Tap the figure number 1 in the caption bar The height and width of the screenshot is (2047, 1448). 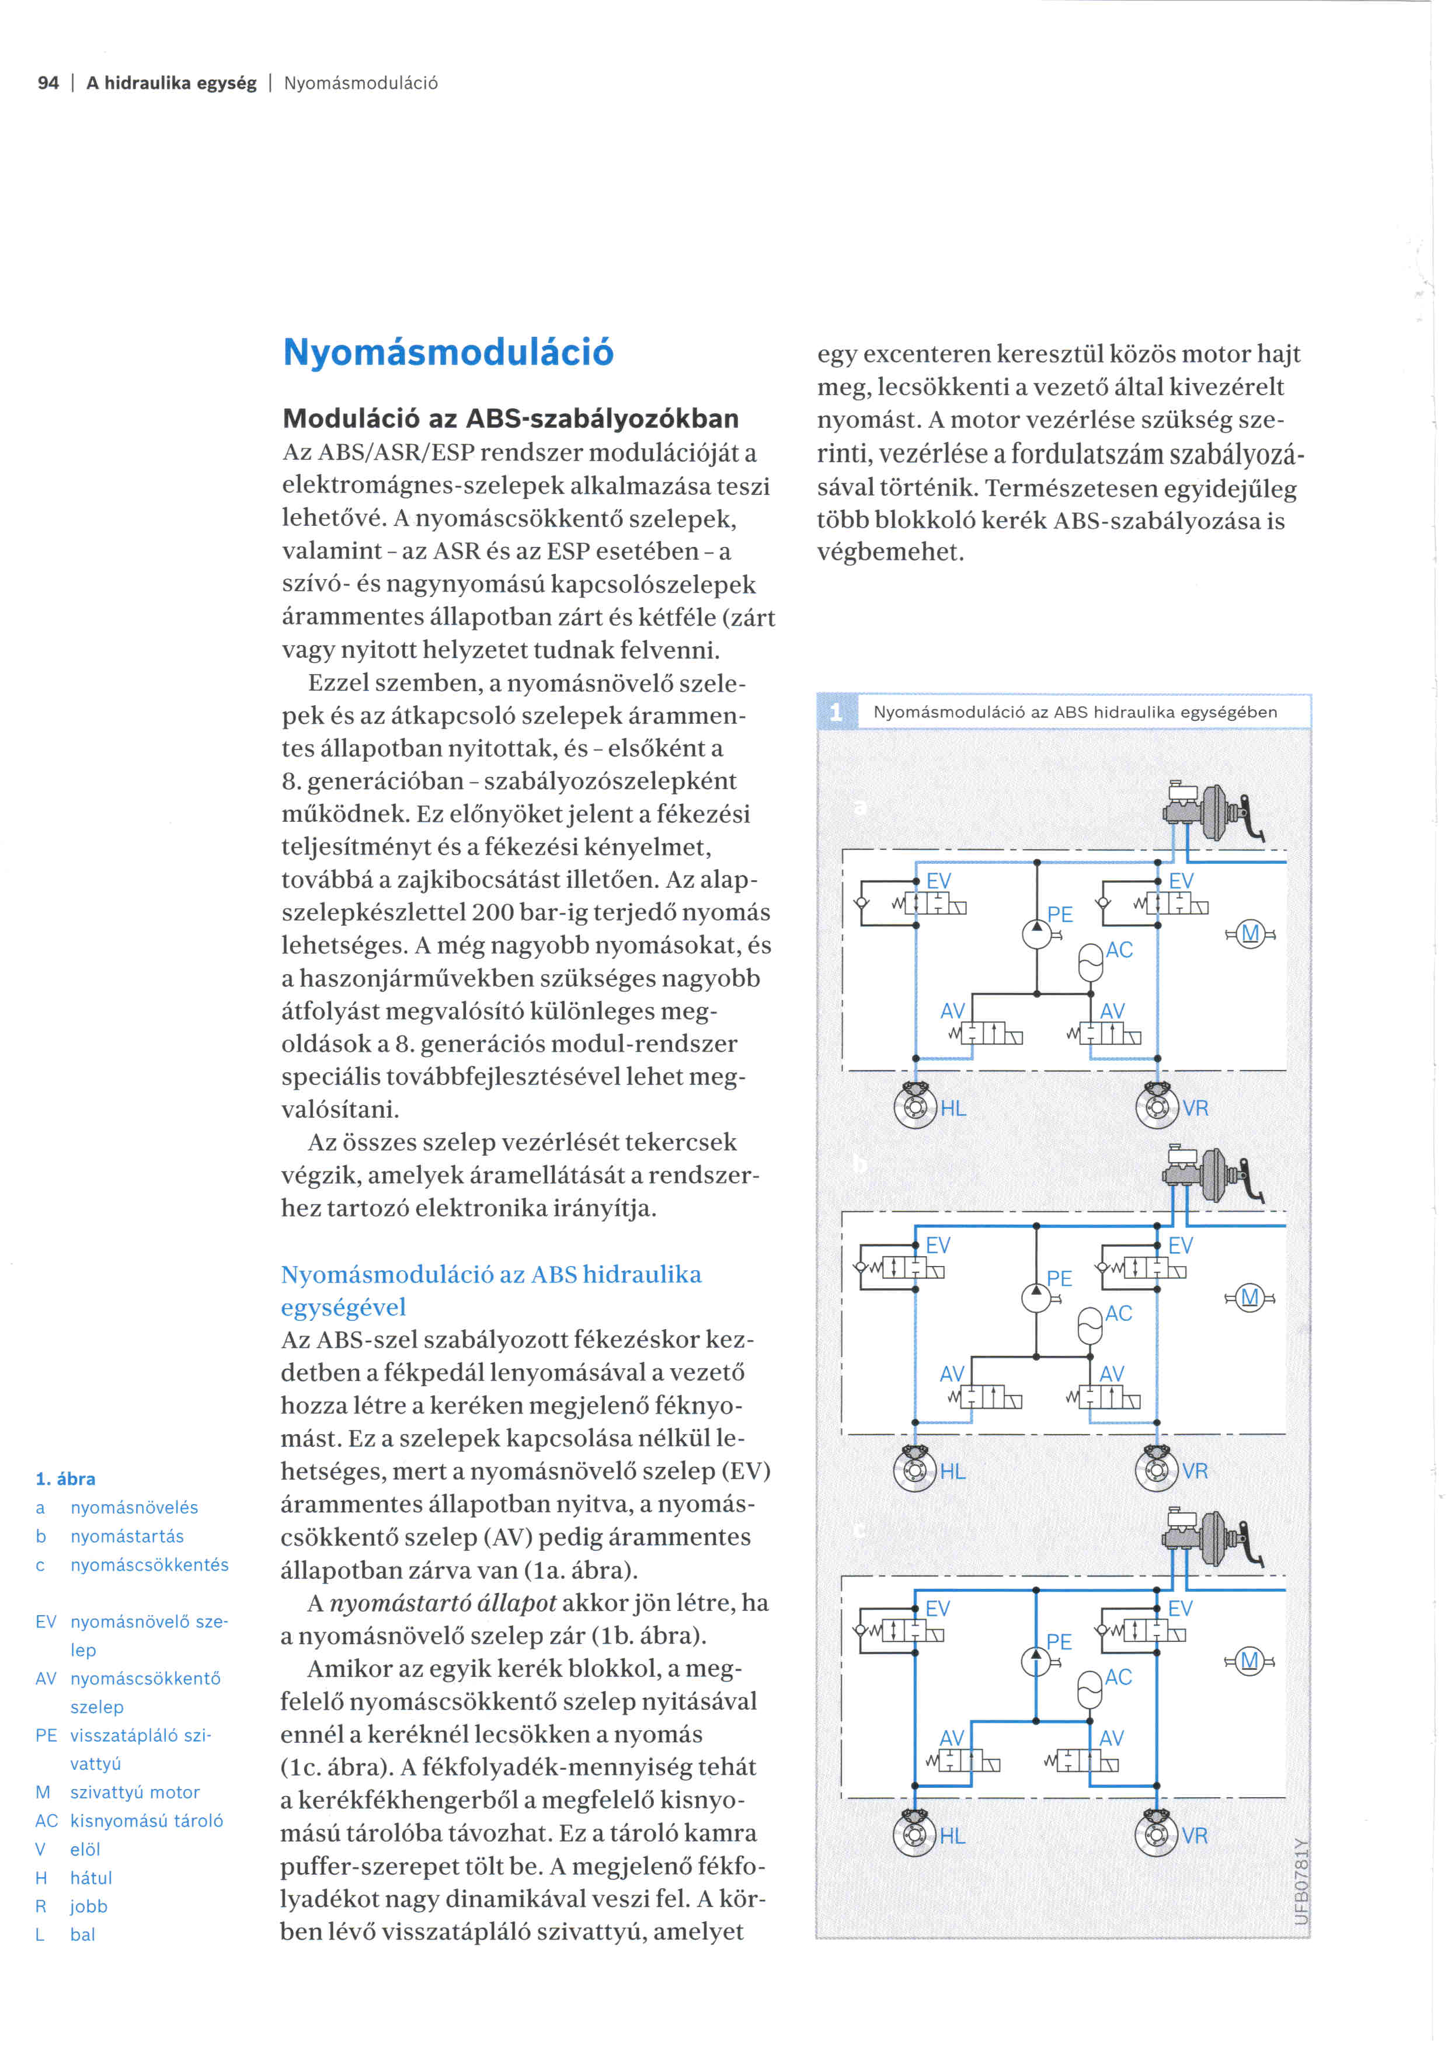(x=836, y=712)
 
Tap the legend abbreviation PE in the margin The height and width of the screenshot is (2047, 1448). (x=46, y=1735)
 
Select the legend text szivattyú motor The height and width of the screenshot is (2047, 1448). (x=135, y=1792)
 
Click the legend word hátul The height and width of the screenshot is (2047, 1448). (x=91, y=1878)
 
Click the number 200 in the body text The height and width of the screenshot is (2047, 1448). (x=492, y=912)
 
